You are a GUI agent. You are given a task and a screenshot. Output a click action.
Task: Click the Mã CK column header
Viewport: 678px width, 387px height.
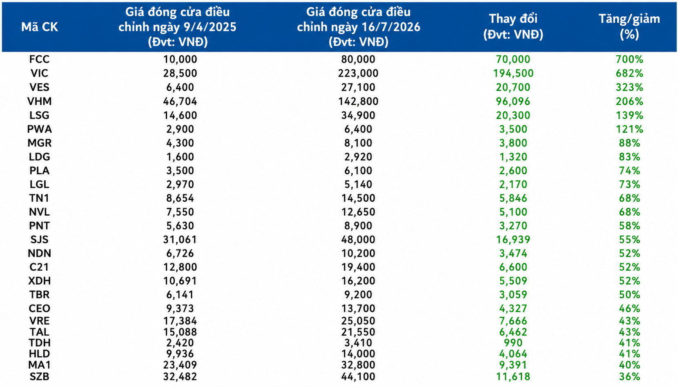coord(39,27)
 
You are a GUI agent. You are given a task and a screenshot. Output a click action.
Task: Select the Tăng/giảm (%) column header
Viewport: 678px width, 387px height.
coord(629,27)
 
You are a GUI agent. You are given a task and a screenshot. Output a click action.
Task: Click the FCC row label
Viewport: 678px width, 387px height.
coord(39,59)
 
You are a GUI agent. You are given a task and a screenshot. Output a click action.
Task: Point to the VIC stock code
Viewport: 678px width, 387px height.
coord(39,73)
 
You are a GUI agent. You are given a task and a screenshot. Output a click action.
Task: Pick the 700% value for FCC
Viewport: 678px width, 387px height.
coord(629,59)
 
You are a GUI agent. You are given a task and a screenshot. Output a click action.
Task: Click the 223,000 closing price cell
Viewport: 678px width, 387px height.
coord(358,73)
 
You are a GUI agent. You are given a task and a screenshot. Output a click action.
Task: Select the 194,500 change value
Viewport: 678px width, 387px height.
coord(513,73)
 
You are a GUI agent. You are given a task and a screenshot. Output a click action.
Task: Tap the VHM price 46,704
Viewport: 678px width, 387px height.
coord(180,101)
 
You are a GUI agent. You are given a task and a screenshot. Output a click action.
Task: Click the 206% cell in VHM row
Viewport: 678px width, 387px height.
coord(629,101)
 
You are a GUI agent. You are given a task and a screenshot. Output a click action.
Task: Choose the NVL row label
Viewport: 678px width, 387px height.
coord(39,212)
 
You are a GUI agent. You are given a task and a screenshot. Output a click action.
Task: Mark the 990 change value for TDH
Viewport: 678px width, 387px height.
coord(513,343)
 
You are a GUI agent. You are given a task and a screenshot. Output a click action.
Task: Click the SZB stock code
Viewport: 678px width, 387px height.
coord(39,376)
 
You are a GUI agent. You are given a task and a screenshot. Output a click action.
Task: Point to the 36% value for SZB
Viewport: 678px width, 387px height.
coord(629,376)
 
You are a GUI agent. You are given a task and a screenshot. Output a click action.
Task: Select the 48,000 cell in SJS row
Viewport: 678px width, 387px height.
coord(358,239)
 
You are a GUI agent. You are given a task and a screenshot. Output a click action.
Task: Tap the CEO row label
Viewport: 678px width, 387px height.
coord(39,308)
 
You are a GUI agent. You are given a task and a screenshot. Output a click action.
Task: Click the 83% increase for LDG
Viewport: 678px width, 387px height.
coord(629,157)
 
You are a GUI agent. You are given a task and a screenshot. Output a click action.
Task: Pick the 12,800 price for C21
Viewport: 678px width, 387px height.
coord(180,267)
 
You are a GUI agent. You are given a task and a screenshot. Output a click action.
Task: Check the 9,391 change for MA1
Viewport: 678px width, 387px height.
coord(513,365)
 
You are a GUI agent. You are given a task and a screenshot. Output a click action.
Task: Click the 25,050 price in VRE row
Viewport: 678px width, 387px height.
coord(358,321)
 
